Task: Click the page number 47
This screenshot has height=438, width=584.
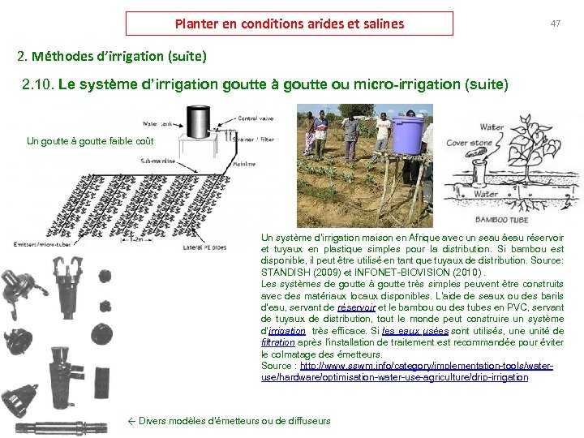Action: (x=555, y=24)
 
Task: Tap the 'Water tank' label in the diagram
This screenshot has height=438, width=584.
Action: (x=160, y=124)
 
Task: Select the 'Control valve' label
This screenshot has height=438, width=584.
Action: (x=256, y=118)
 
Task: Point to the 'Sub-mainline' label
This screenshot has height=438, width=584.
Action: (x=158, y=161)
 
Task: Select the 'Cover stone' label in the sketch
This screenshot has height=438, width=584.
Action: (x=469, y=143)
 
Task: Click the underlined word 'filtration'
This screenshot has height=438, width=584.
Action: (x=277, y=343)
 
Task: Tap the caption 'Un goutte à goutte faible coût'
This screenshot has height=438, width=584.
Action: (x=90, y=141)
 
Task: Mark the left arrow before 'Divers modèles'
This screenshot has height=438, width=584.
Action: (x=132, y=420)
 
